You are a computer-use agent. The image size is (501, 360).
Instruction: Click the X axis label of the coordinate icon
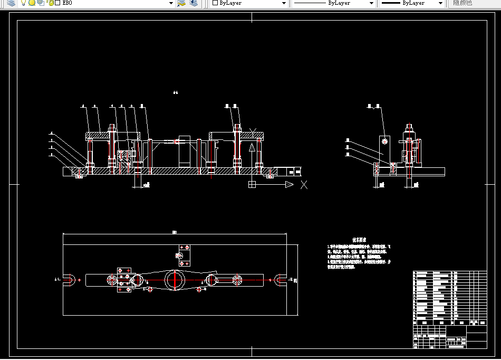(304, 185)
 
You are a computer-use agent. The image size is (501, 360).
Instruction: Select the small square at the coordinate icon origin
(252, 184)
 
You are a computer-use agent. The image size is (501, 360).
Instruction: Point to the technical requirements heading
(359, 240)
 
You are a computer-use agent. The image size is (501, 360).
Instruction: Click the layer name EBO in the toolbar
(67, 3)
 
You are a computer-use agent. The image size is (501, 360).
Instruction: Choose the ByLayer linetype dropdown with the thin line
(333, 3)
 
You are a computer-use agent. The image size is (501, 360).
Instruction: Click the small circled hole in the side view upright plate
(385, 141)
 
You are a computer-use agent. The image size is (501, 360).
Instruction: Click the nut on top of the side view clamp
(409, 127)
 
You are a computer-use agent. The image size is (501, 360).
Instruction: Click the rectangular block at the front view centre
(184, 153)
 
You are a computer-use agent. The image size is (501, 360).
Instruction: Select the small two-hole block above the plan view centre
(185, 255)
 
